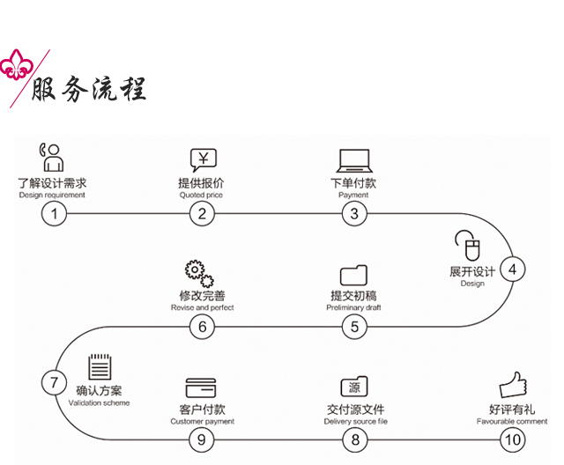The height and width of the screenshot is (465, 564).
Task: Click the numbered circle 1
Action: coord(54,213)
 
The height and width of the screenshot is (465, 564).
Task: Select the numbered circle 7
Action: coord(54,383)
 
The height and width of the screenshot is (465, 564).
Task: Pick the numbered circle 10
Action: coord(511,439)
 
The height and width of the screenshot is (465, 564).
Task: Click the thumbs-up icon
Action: coord(513,385)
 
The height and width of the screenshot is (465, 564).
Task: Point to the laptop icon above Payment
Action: coord(353,160)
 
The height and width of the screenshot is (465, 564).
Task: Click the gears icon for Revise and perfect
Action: coord(198,274)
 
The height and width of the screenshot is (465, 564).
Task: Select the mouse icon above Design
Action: coord(467,244)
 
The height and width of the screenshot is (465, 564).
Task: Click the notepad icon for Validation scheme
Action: coord(100,367)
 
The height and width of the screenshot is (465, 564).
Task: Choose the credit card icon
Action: coord(201,387)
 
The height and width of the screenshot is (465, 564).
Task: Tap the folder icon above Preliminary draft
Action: coord(353,274)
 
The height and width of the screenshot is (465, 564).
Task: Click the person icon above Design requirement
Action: coord(51,157)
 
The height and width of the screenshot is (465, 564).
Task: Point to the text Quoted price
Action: coord(202,196)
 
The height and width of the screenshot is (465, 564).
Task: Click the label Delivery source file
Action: coord(355,422)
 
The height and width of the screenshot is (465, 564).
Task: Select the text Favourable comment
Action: coord(512,422)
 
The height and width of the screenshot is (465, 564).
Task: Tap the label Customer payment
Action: coord(203,422)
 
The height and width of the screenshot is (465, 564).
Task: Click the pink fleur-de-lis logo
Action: coord(15,64)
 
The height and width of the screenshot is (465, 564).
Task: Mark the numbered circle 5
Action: coord(354,327)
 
